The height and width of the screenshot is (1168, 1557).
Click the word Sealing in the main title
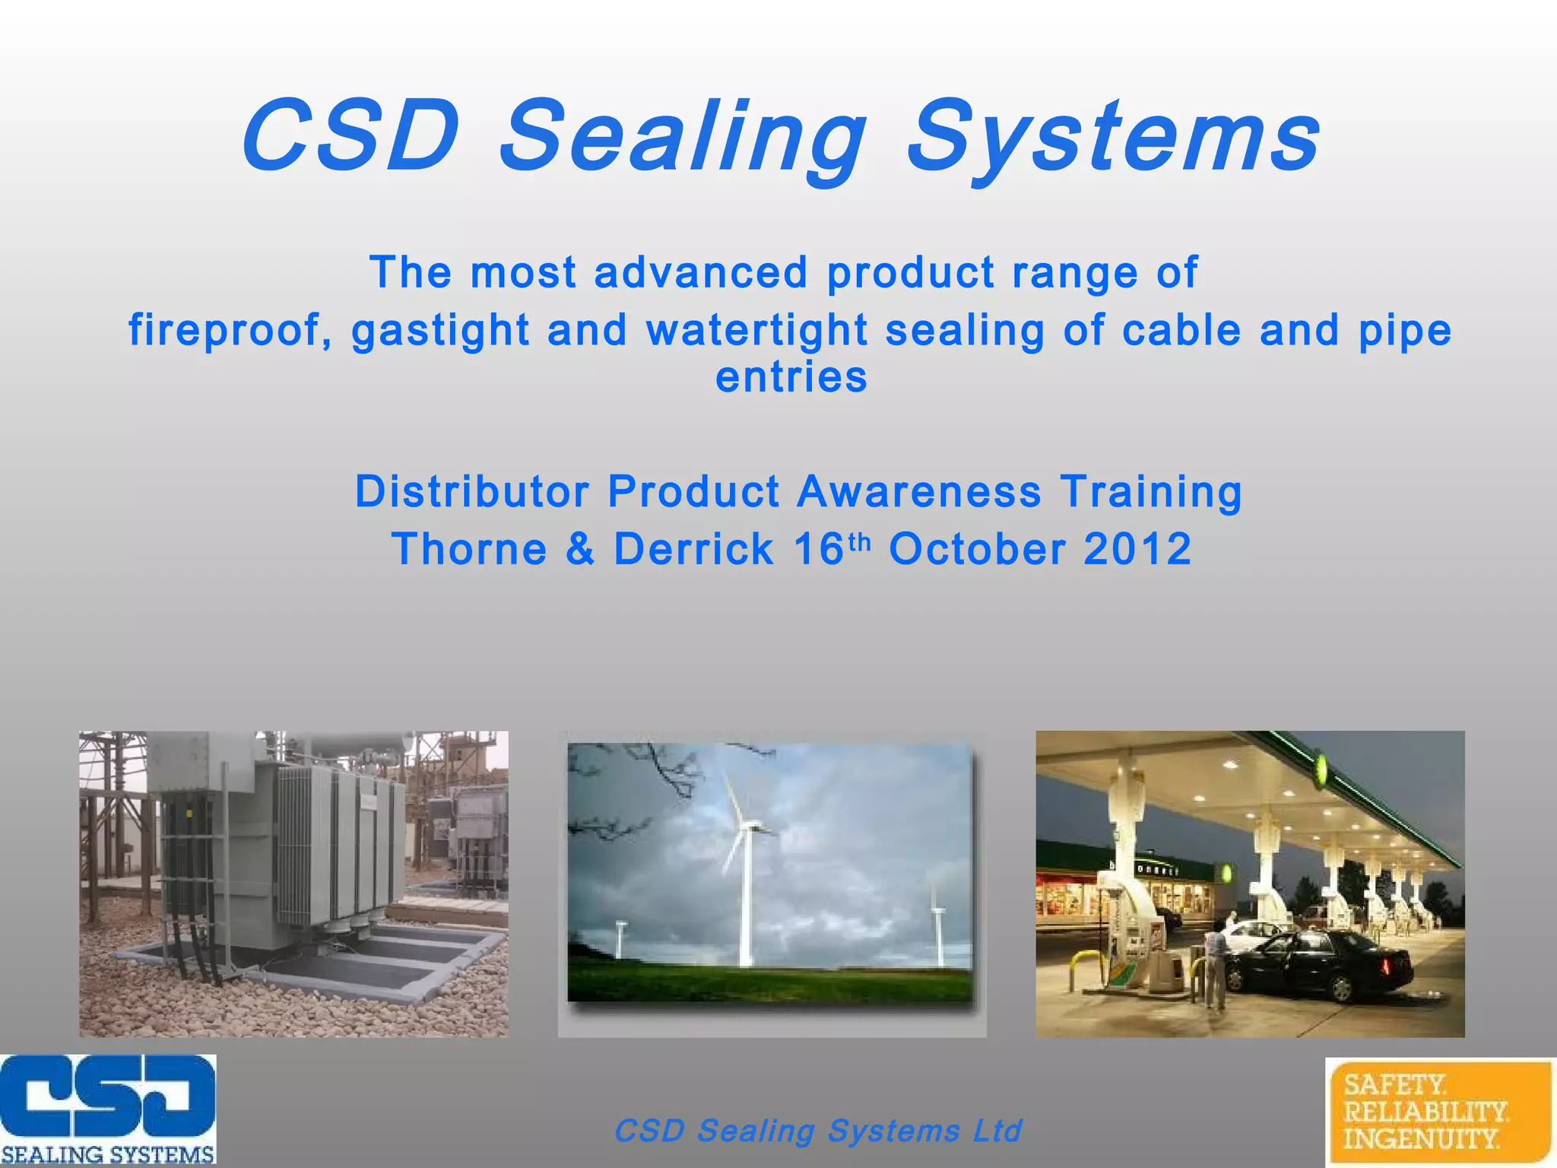coord(683,138)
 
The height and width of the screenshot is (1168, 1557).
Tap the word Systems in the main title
coord(1113,138)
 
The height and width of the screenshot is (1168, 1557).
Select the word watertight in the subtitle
coord(756,330)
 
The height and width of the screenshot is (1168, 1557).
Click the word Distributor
coord(471,491)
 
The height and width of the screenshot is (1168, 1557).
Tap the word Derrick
coord(693,549)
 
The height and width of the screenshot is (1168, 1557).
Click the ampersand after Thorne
coord(580,549)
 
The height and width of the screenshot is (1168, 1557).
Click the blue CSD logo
coord(107,1099)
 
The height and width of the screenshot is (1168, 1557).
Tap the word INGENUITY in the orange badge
coord(1420,1140)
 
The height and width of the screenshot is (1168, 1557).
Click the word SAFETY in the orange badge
coord(1394,1084)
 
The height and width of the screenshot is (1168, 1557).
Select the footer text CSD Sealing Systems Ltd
coord(817,1131)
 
